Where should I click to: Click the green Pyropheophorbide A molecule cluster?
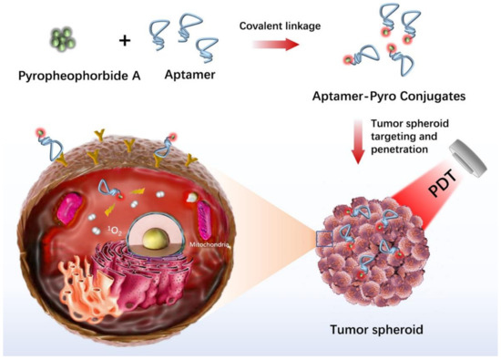pos(63,39)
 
